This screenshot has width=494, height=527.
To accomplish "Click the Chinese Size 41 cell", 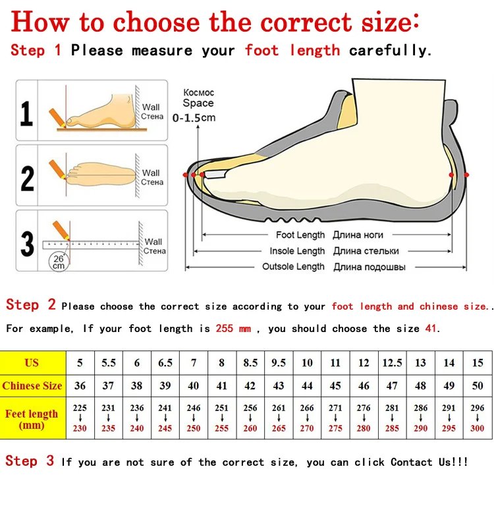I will [x=222, y=386].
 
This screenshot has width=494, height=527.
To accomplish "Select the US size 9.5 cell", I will [x=279, y=363].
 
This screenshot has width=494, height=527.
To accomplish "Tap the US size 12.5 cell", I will [x=392, y=363].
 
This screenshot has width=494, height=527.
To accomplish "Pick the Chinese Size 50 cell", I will [x=478, y=386].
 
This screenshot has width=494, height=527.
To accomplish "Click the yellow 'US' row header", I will [x=32, y=363].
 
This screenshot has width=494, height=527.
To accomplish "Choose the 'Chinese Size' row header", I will [x=32, y=386].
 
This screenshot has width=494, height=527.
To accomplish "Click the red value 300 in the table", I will [x=478, y=428].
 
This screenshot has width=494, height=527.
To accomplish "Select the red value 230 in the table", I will [x=80, y=428].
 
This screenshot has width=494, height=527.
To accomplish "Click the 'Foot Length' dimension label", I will [x=300, y=235].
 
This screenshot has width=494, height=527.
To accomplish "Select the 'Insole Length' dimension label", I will [x=297, y=251].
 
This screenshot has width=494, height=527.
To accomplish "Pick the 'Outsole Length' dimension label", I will [x=293, y=267].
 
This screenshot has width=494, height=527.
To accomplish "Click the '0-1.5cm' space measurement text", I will [x=194, y=118].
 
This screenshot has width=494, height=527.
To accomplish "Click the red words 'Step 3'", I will [x=30, y=461].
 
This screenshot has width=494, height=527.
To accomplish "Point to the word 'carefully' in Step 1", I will [x=389, y=51].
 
